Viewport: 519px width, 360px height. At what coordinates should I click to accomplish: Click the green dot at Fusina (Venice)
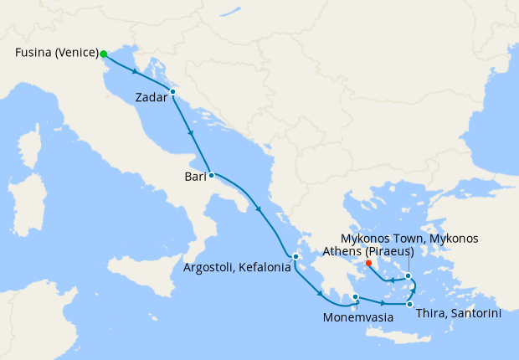coord(104,54)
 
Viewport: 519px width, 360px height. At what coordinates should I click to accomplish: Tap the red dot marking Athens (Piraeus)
coord(368,262)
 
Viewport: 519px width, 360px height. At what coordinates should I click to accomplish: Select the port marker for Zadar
coord(172,91)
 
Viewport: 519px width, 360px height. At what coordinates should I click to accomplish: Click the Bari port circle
coord(211,175)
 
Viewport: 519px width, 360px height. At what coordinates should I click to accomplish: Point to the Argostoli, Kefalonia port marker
coord(295,256)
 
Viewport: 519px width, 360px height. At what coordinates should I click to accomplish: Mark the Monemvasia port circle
coord(355,296)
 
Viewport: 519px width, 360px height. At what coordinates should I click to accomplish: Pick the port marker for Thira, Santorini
coord(409,304)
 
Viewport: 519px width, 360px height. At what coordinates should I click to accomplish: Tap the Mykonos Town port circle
coord(408,275)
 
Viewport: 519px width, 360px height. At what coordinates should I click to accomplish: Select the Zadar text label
coord(152,99)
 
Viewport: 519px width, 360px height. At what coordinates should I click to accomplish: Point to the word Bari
coord(196,177)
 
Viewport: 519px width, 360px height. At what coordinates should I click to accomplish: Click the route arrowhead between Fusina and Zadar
coord(135,72)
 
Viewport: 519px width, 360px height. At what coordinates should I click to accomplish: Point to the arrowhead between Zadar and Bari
coord(192,134)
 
